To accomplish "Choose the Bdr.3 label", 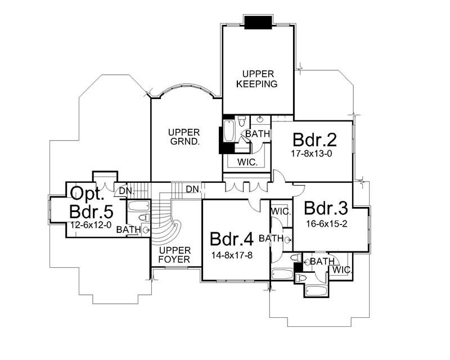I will (327, 208).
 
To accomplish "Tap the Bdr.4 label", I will (232, 238).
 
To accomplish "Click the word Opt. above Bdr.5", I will (87, 194).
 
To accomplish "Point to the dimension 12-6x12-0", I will (91, 224).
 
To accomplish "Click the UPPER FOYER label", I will (174, 255).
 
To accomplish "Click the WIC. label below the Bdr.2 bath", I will (248, 162).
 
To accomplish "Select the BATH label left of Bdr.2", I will (258, 134).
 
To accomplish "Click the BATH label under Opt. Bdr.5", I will (129, 229).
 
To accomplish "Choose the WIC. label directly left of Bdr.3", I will (281, 211).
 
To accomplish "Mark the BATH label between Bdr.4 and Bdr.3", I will (271, 238).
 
